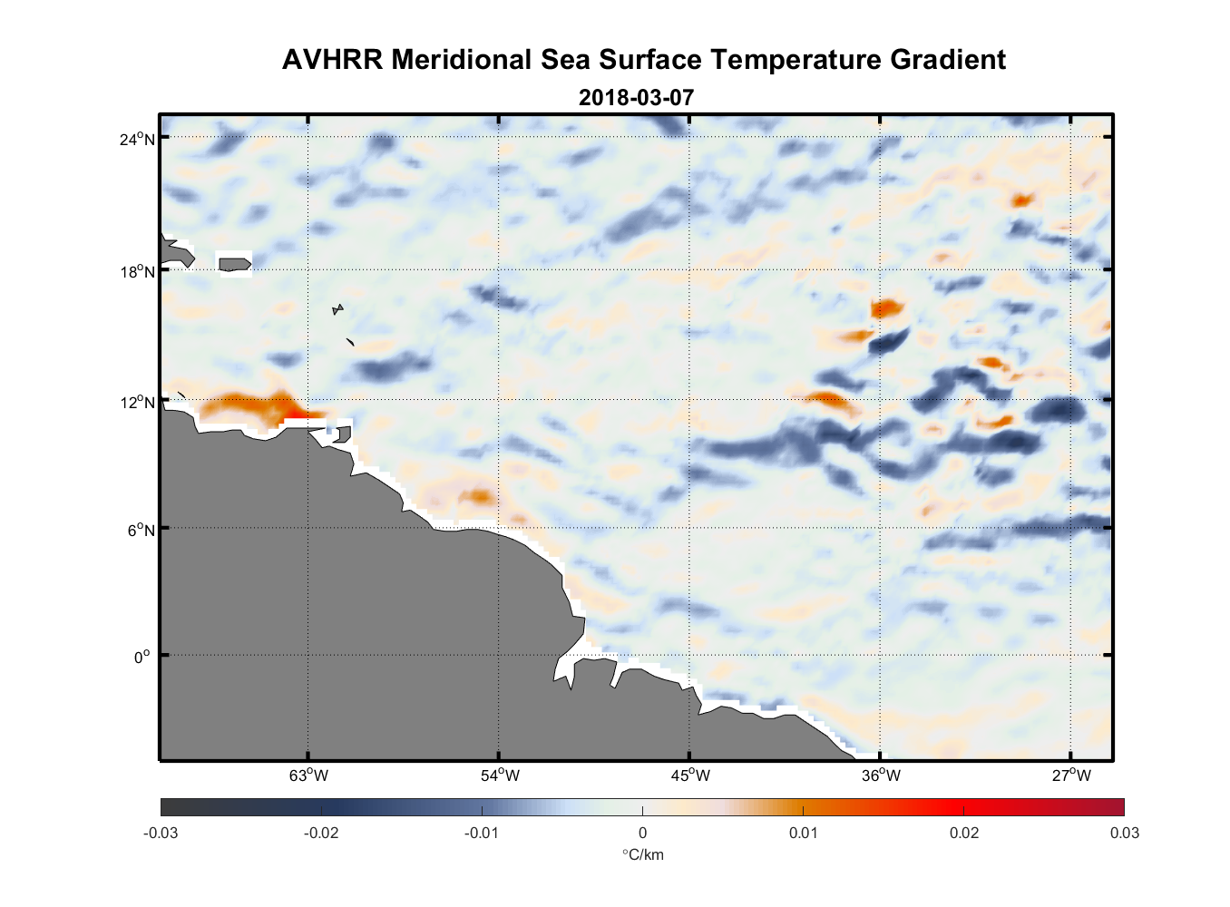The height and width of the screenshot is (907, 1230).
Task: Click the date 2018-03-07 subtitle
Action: click(x=636, y=97)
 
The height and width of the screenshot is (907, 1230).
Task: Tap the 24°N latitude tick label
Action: click(x=138, y=139)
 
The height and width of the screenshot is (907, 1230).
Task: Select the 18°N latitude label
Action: click(x=138, y=271)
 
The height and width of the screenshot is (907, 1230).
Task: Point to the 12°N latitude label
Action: click(x=138, y=402)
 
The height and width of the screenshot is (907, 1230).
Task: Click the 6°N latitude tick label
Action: click(x=142, y=530)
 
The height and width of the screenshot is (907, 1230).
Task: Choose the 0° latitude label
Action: click(x=143, y=657)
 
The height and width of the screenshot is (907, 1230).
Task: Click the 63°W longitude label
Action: click(x=308, y=775)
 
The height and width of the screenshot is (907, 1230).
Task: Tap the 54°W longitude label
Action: click(x=500, y=775)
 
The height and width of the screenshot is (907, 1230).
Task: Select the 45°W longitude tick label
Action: click(x=690, y=775)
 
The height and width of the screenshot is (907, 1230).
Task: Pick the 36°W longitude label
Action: click(x=881, y=775)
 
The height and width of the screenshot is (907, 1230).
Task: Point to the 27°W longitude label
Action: click(x=1071, y=775)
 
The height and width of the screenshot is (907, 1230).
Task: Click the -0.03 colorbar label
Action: click(x=161, y=833)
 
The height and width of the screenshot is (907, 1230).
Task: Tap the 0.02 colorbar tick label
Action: click(x=963, y=833)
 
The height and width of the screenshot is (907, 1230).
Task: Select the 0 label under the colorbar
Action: click(x=642, y=833)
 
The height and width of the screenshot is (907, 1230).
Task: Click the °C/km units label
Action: click(x=642, y=854)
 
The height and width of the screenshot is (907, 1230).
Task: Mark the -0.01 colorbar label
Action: click(x=481, y=833)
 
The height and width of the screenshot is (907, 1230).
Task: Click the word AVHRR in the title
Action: click(x=332, y=60)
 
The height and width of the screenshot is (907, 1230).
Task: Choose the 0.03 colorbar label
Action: click(x=1124, y=833)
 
